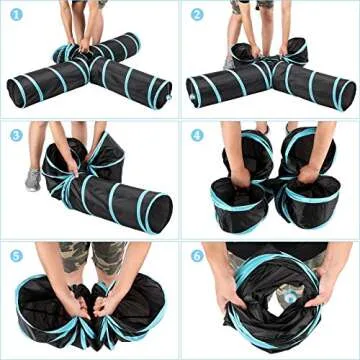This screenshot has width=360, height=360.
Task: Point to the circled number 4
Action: [x=197, y=134]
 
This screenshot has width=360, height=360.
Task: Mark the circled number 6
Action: [x=197, y=254]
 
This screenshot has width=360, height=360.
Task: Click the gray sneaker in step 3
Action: [x=33, y=180]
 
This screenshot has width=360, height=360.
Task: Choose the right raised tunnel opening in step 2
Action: [x=296, y=47]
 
